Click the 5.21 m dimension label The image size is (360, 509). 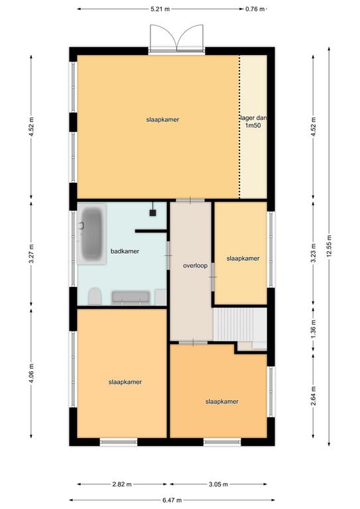(x=160, y=9)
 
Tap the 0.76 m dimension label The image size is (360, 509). (x=255, y=9)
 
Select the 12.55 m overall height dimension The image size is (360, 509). (x=329, y=246)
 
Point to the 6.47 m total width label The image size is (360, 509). (x=172, y=500)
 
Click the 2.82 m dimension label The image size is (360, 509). (x=122, y=484)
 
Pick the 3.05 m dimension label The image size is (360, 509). (x=218, y=484)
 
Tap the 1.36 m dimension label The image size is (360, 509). (x=313, y=329)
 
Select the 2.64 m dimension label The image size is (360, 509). (x=313, y=396)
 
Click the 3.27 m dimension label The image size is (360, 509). (x=31, y=254)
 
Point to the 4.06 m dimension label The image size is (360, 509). (x=31, y=373)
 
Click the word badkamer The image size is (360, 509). (x=125, y=251)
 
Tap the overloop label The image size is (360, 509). (x=195, y=266)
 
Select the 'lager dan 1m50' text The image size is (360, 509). (x=253, y=122)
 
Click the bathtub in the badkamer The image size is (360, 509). (x=91, y=234)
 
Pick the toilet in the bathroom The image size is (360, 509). (x=95, y=296)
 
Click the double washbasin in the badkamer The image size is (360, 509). (x=131, y=298)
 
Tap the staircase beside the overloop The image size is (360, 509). (x=239, y=324)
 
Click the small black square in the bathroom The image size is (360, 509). (x=152, y=213)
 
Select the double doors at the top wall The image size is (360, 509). (x=176, y=38)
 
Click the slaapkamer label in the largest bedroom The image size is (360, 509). (x=162, y=119)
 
